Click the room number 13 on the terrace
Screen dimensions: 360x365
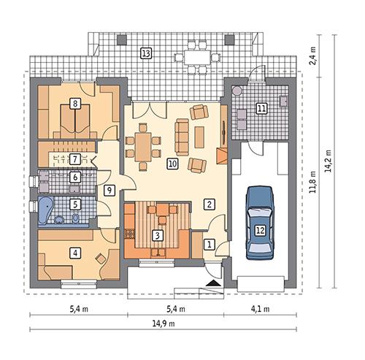(146, 53)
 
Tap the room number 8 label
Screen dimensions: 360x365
(75, 104)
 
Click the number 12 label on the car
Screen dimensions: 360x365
(259, 229)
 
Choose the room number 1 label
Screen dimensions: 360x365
(210, 245)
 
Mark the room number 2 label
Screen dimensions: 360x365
(210, 204)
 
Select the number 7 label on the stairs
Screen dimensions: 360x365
(75, 158)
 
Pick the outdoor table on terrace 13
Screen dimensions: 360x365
(196, 55)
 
